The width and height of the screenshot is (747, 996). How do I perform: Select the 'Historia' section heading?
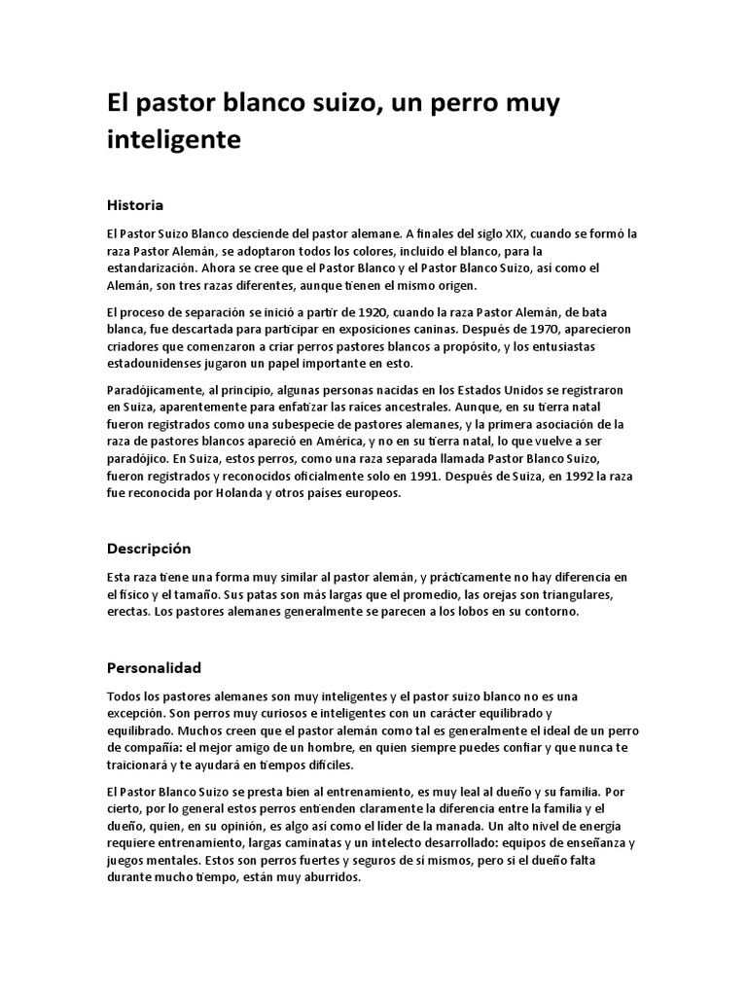(134, 205)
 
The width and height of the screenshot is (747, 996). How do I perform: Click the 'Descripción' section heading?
(149, 549)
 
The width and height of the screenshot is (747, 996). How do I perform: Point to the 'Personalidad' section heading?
(154, 668)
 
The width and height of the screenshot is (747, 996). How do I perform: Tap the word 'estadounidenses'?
(158, 364)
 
